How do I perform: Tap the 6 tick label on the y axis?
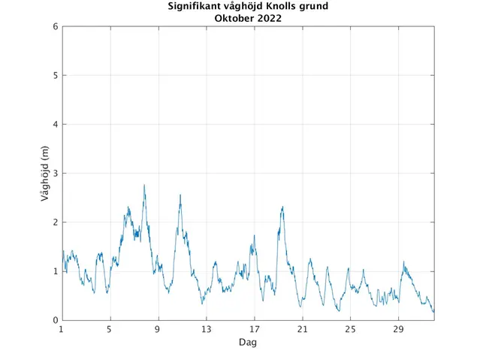pos(55,26)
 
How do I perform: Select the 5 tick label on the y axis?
pos(55,75)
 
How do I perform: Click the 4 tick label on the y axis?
pos(55,124)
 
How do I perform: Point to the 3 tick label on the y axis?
pos(55,174)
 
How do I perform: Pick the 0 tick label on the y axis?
pos(55,321)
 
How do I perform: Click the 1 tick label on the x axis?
pos(62,329)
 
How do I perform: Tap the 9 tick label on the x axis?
pos(158,329)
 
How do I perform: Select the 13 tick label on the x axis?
pos(206,329)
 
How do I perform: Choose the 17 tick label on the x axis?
pos(254,329)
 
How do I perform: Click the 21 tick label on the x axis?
pos(302,329)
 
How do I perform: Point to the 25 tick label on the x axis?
pos(350,329)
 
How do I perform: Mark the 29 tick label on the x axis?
pos(399,329)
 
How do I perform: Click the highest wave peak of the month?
pos(144,185)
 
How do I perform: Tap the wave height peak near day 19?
pos(282,207)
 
